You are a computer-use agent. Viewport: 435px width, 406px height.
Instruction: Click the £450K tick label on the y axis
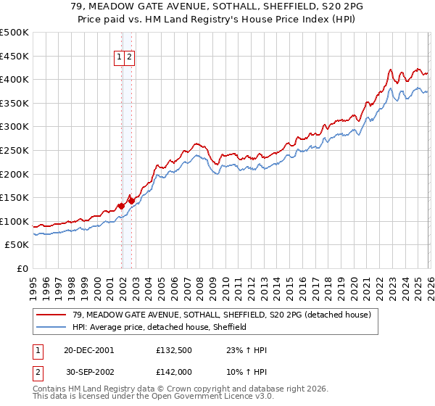pyautogui.click(x=14, y=56)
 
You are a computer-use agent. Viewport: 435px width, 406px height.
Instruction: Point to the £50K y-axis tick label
pyautogui.click(x=17, y=245)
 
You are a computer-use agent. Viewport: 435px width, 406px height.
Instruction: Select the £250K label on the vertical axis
pyautogui.click(x=14, y=150)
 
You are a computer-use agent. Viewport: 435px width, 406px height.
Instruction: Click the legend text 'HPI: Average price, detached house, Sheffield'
pyautogui.click(x=159, y=327)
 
